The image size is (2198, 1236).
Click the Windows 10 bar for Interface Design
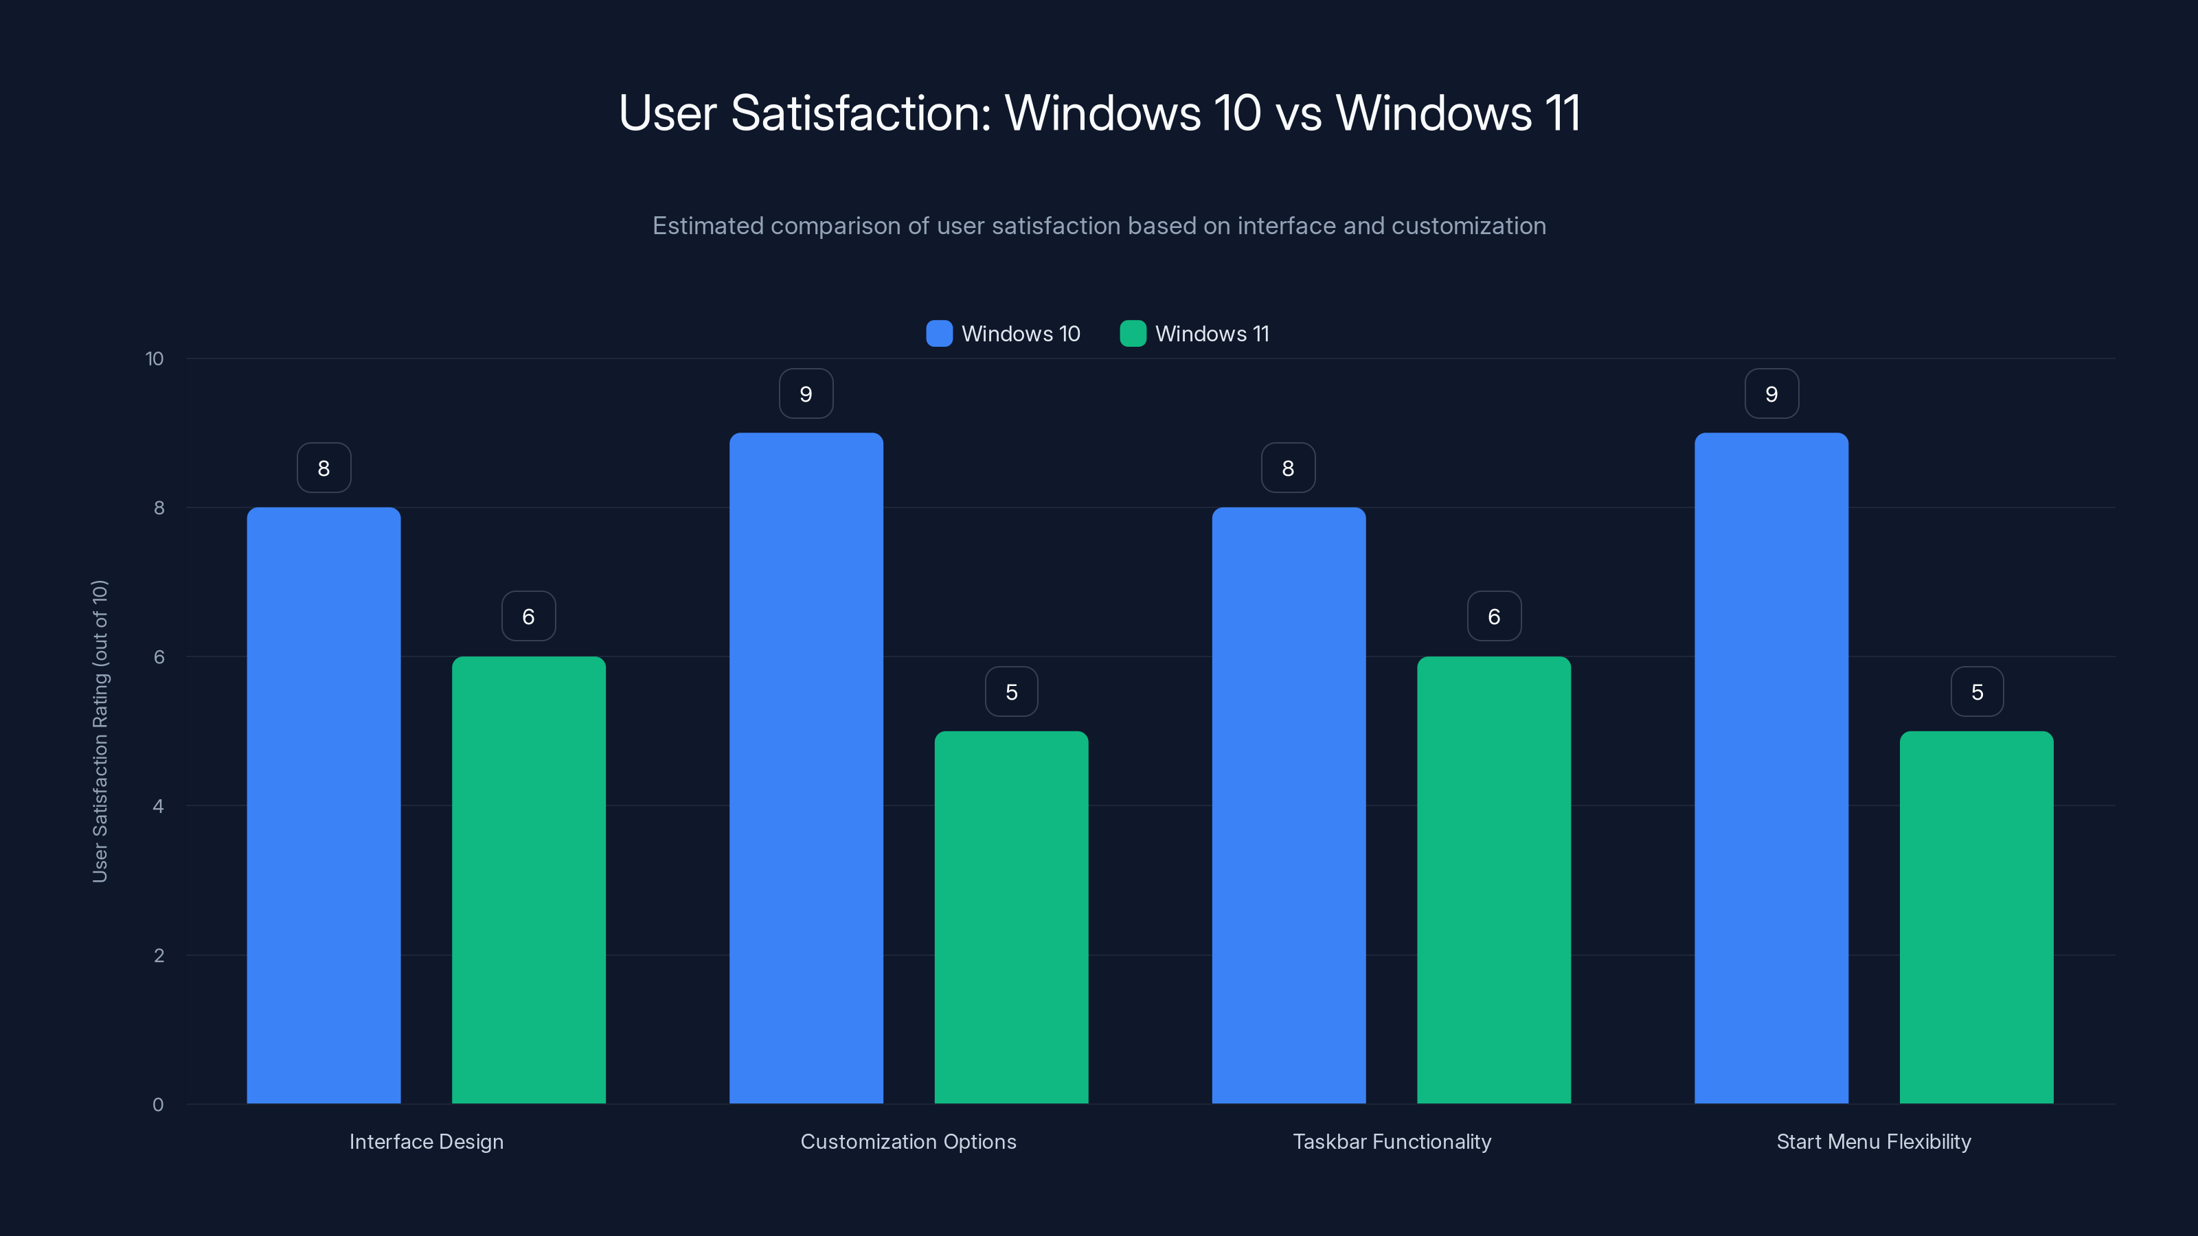click(x=324, y=805)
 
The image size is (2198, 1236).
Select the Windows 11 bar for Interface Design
click(x=528, y=880)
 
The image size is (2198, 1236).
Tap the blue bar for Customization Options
click(x=806, y=768)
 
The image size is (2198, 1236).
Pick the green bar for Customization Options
click(x=1011, y=917)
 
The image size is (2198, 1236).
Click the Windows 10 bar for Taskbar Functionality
click(x=1289, y=805)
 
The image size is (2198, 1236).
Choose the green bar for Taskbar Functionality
click(x=1493, y=880)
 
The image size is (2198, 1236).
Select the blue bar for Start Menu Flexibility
click(x=1771, y=768)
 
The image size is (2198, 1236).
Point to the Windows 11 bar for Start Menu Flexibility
click(x=1976, y=917)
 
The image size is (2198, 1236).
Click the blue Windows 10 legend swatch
click(x=938, y=334)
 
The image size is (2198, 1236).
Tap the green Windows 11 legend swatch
click(x=1132, y=334)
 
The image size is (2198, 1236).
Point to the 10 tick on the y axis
click(x=155, y=358)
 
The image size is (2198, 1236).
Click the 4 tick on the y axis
click(x=158, y=806)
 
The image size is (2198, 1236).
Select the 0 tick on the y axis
click(x=158, y=1105)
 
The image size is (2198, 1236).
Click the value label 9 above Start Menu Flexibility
click(x=1771, y=394)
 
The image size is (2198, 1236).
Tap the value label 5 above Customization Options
click(x=1011, y=691)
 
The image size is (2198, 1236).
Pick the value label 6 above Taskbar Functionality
click(x=1493, y=617)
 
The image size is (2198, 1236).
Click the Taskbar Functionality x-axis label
click(x=1392, y=1141)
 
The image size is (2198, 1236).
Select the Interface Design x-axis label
click(x=426, y=1141)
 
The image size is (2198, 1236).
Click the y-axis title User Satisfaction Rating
click(x=100, y=731)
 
